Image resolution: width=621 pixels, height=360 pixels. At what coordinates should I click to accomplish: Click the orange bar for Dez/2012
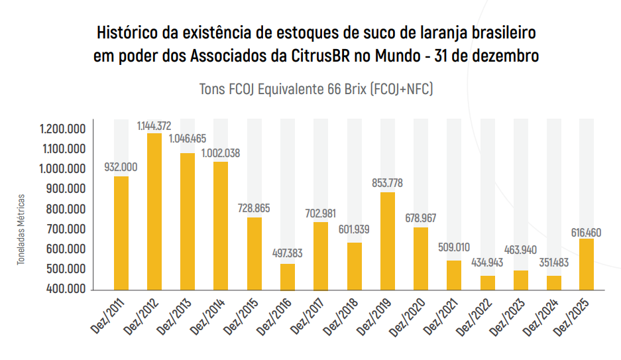click(x=154, y=211)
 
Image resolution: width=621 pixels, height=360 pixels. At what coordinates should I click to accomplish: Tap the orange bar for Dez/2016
click(x=288, y=277)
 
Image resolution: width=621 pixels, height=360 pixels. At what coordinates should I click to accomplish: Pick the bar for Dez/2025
click(x=587, y=264)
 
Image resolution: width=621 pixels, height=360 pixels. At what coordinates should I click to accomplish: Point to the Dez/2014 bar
click(x=221, y=225)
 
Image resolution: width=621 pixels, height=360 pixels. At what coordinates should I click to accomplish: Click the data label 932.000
click(x=121, y=166)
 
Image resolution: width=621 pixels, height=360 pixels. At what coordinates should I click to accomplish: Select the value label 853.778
click(x=388, y=182)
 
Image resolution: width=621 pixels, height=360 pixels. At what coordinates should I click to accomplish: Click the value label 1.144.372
click(x=154, y=125)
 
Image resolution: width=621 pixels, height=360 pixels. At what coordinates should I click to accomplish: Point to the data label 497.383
click(x=288, y=253)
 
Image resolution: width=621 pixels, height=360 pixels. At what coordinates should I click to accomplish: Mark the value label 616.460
click(x=587, y=233)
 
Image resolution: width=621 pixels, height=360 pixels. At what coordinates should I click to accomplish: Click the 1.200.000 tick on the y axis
click(x=62, y=129)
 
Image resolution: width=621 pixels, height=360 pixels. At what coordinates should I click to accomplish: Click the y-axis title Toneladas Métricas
click(x=21, y=229)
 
